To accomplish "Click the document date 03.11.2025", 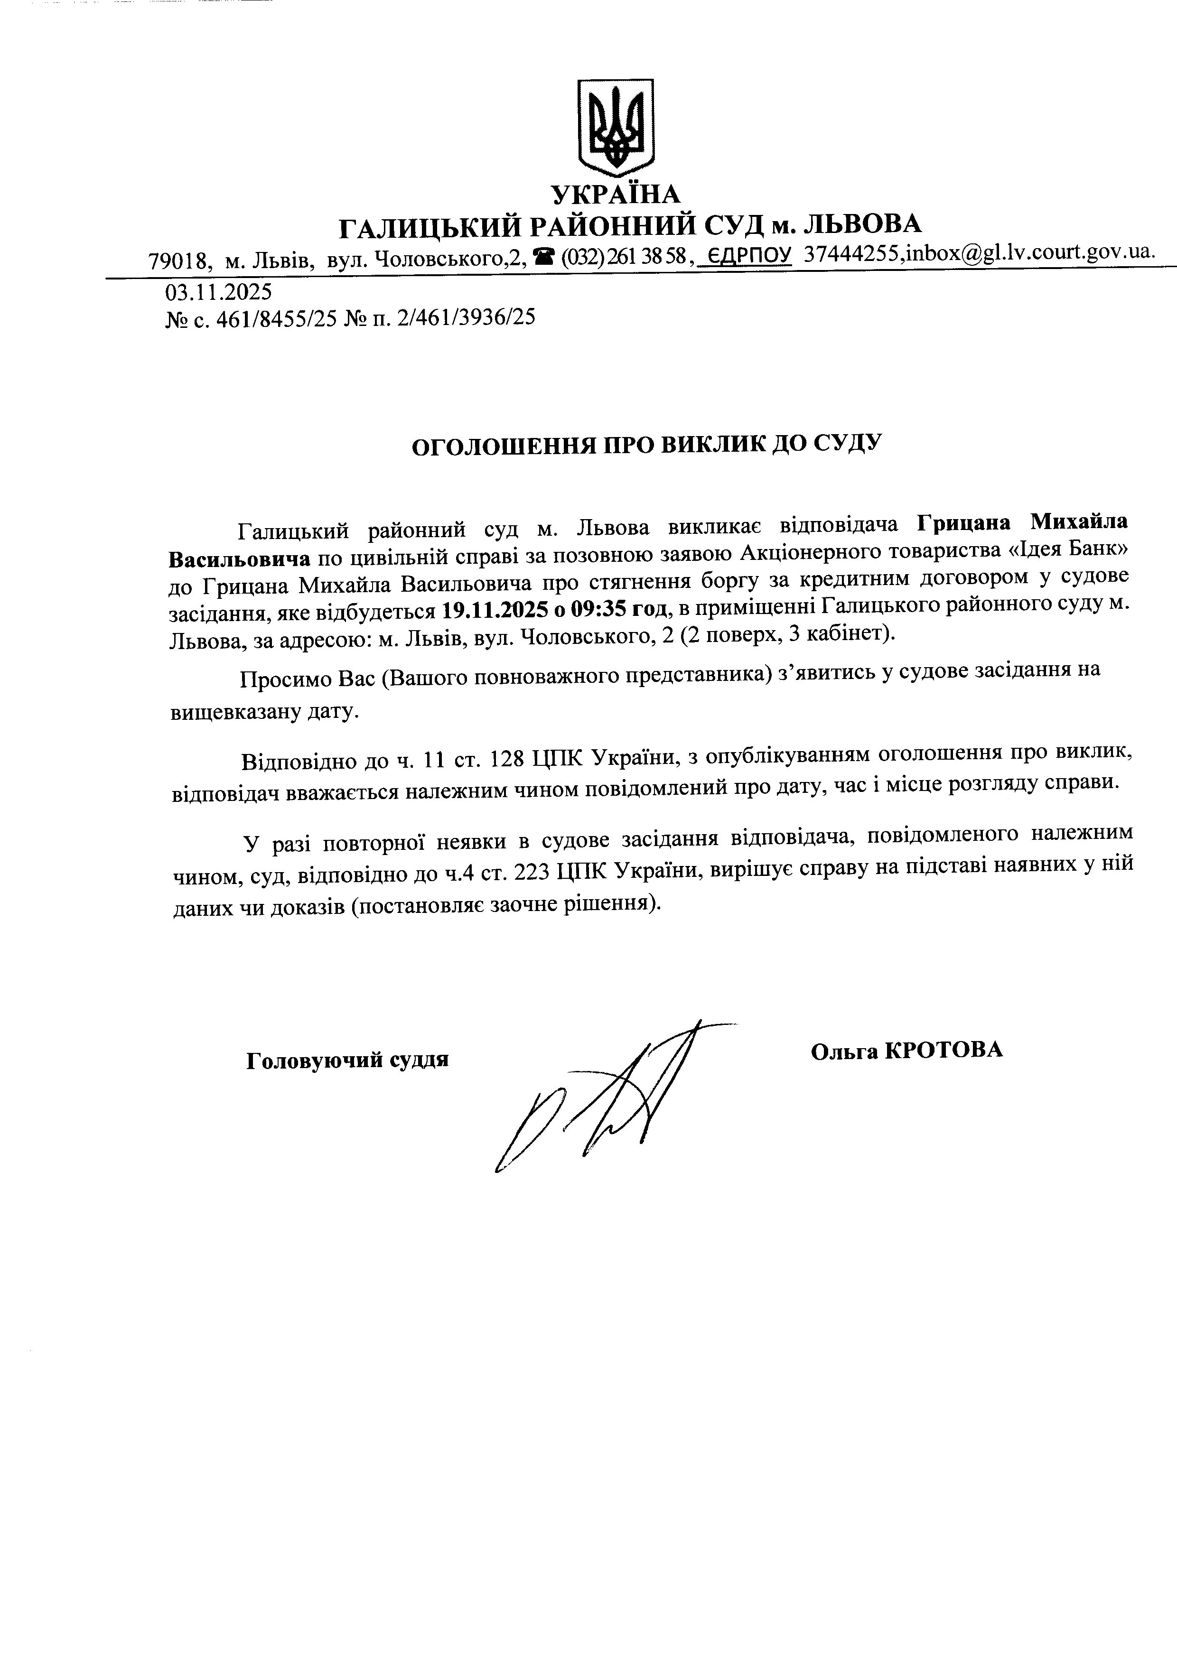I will click(218, 292).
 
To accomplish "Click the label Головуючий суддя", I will click(347, 1060).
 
